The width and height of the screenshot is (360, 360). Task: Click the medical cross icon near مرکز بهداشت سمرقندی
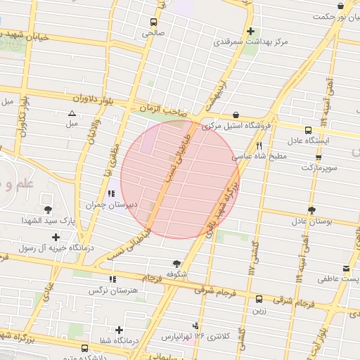click(250, 31)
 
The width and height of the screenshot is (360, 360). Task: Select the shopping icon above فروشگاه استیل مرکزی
click(235, 114)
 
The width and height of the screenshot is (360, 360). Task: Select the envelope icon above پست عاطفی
click(346, 269)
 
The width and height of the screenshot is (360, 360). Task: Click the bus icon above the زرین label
click(259, 298)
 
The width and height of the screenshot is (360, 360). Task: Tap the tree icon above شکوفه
click(176, 262)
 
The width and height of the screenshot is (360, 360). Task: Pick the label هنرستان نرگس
click(111, 290)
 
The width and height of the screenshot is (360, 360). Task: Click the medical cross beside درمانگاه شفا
click(119, 329)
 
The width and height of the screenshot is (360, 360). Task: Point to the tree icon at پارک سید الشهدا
click(48, 210)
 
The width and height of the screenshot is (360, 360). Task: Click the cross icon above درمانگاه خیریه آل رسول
click(55, 236)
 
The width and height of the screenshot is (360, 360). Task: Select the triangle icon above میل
click(71, 114)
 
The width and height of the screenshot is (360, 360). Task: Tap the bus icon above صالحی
click(153, 21)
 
